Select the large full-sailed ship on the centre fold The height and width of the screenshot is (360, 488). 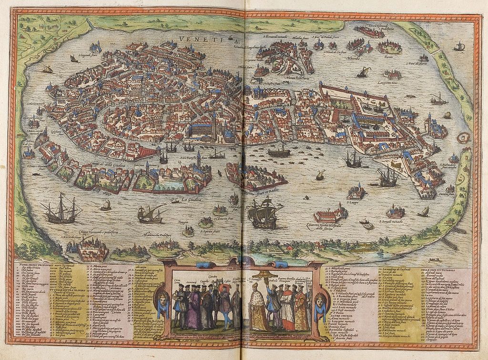pyautogui.click(x=263, y=213)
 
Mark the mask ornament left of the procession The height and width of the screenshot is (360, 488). pyautogui.click(x=163, y=303)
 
